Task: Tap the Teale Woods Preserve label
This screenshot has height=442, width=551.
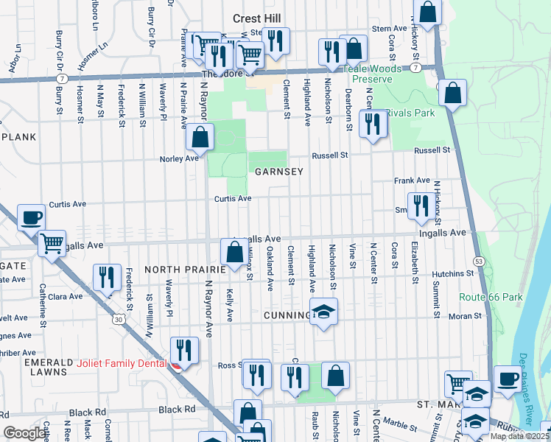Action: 371,73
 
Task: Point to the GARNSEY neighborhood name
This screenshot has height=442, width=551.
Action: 275,171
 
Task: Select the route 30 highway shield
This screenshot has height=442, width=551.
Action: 118,320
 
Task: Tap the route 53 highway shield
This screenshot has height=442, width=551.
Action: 479,262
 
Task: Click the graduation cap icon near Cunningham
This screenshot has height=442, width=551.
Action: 323,312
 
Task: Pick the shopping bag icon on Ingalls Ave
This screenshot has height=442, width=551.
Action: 234,252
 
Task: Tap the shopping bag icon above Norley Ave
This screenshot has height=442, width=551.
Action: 200,136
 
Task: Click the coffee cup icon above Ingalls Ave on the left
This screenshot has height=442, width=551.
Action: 30,217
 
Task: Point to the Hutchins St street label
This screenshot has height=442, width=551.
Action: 453,273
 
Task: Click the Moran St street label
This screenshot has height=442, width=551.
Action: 466,315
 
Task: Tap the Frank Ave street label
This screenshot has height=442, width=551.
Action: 412,180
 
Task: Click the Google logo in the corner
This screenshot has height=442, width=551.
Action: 24,433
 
